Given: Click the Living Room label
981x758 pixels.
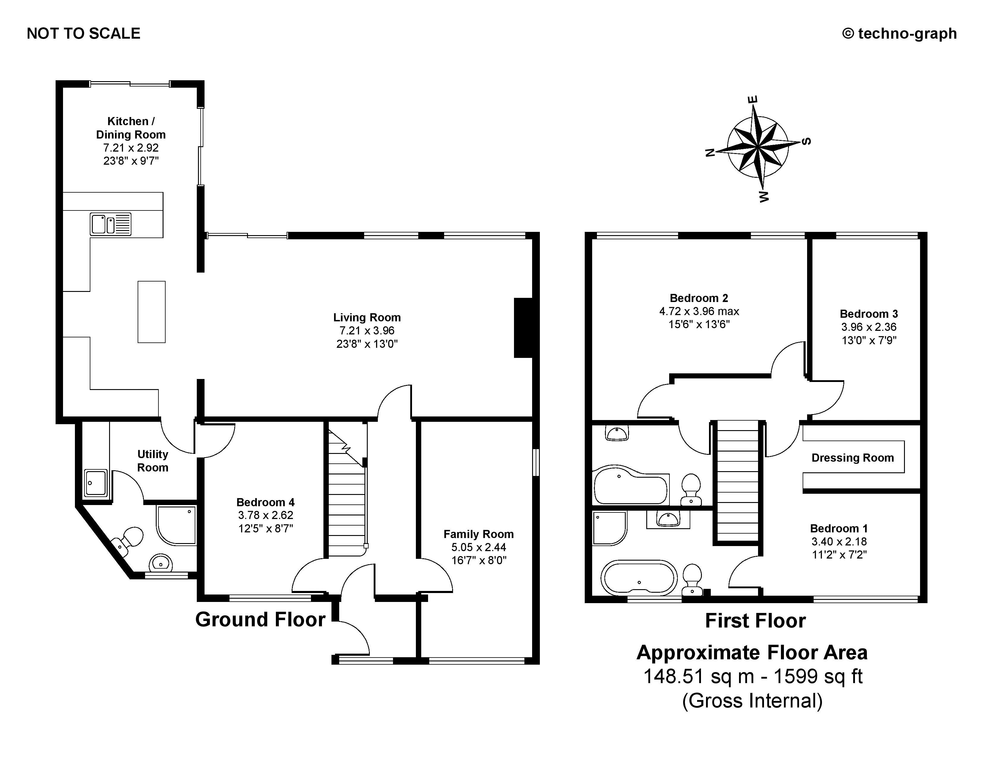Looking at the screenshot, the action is click(x=367, y=317).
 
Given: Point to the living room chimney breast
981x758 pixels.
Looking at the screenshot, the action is click(x=523, y=328).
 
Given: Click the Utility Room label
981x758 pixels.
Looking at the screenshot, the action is click(x=153, y=461).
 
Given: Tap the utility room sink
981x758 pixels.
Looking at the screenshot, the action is click(x=96, y=483).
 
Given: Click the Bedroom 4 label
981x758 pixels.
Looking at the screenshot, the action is click(x=265, y=502).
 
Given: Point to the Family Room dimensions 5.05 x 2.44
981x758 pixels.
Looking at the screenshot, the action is click(x=479, y=547).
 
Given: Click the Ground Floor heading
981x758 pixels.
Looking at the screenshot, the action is click(x=260, y=620).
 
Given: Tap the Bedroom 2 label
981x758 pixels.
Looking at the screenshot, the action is click(x=699, y=298).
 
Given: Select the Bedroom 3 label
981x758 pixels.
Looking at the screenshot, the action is click(x=869, y=314).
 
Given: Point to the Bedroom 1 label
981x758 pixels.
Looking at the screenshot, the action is click(x=839, y=529).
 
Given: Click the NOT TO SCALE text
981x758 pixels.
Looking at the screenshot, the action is click(x=84, y=34).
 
